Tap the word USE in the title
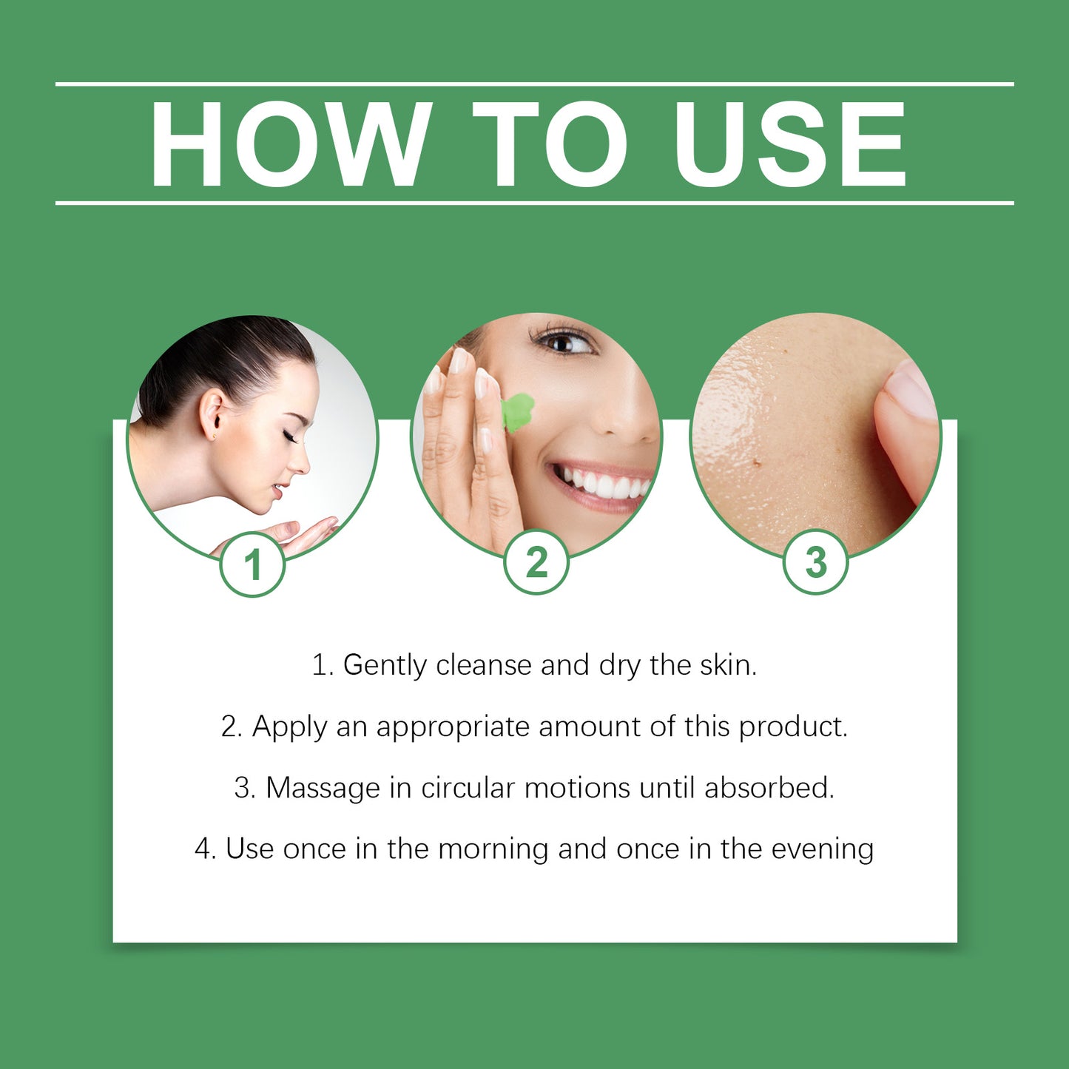coord(790,144)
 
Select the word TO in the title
coord(549,144)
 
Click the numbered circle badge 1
coord(253,564)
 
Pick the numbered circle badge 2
coord(536,562)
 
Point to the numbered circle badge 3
coord(815,562)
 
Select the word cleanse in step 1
coord(484,665)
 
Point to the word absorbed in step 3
coord(769,788)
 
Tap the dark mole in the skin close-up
coord(756,462)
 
